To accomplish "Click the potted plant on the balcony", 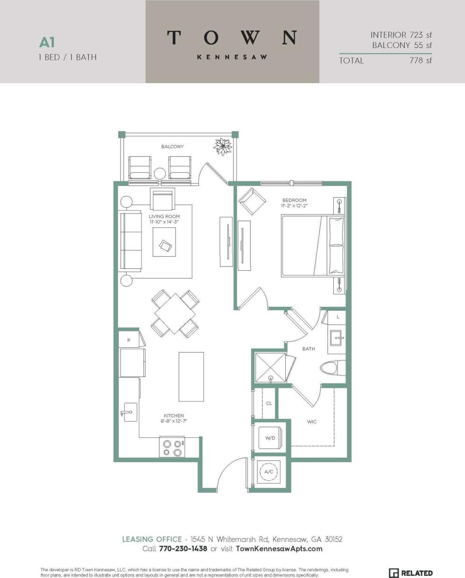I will (x=223, y=147).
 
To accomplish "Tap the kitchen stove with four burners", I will (x=172, y=447).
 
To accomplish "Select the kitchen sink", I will (x=130, y=412).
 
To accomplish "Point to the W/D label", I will (x=270, y=438).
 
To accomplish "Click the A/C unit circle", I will (x=269, y=472).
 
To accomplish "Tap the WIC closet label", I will (x=312, y=422).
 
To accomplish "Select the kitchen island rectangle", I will (x=191, y=377).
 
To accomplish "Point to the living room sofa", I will (x=131, y=241).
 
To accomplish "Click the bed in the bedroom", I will (x=313, y=245).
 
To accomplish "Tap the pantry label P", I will (x=129, y=340).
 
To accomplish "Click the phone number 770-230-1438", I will (x=182, y=549).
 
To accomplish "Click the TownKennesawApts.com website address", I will (x=279, y=549).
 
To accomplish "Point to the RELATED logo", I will (x=411, y=573).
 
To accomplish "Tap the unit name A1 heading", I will (x=47, y=42).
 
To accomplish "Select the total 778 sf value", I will (x=420, y=60).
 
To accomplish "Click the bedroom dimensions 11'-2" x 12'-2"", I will (x=294, y=205).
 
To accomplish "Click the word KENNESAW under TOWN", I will (x=232, y=57).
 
